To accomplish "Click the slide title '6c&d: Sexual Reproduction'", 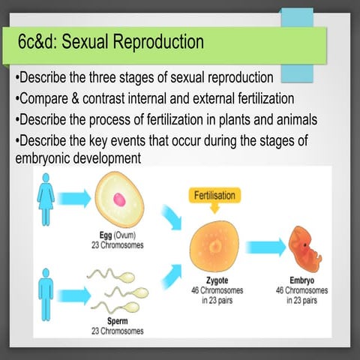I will coord(111,43).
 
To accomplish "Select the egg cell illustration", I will coord(120,199).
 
